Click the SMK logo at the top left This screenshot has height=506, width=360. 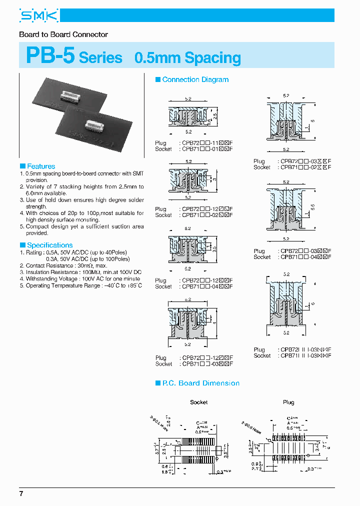(38, 16)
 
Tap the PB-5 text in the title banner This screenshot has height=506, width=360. (50, 56)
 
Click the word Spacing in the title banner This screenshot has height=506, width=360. (212, 58)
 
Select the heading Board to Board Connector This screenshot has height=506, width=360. (63, 34)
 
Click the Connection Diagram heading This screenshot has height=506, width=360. (195, 79)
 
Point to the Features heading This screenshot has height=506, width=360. (41, 166)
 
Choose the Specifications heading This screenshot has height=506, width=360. (49, 245)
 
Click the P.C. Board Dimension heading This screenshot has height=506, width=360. (200, 383)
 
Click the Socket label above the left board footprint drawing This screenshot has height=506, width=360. (198, 402)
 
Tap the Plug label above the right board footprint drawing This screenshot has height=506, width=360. (288, 402)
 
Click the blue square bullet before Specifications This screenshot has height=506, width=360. (22, 245)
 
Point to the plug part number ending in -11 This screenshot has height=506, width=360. (207, 143)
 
